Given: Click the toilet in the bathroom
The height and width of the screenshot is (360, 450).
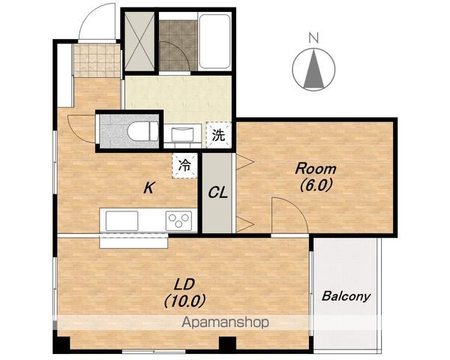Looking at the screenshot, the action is point(142,131).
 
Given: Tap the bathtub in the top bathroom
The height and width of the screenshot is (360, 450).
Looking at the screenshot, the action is point(214,41).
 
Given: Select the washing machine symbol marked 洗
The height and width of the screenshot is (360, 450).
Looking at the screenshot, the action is point(219,135).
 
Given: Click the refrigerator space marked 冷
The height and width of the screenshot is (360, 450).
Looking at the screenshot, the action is point(184,166).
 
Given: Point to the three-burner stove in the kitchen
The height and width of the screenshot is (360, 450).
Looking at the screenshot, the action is point(178,220).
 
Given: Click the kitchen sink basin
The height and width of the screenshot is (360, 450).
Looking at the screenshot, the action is point(122,220).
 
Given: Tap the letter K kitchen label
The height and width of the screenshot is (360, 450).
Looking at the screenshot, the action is point(149,188).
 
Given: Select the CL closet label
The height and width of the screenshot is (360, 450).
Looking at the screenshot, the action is point(217,193).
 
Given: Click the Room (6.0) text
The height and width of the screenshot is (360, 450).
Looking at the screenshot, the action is point(316,177).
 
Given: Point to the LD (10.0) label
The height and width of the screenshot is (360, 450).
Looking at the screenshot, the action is point(185,292).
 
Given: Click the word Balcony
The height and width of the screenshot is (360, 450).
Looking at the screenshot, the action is point(346,296).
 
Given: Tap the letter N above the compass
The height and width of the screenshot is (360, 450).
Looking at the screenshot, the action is point(313,37).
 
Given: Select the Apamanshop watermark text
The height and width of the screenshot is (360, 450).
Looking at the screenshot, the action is point(225,322).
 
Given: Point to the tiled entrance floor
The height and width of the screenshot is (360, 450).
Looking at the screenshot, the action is point(97,60).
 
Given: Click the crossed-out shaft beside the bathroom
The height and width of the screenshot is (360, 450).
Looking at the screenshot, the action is point(139,41).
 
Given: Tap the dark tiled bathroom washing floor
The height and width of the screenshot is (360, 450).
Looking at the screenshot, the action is point(178,45).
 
